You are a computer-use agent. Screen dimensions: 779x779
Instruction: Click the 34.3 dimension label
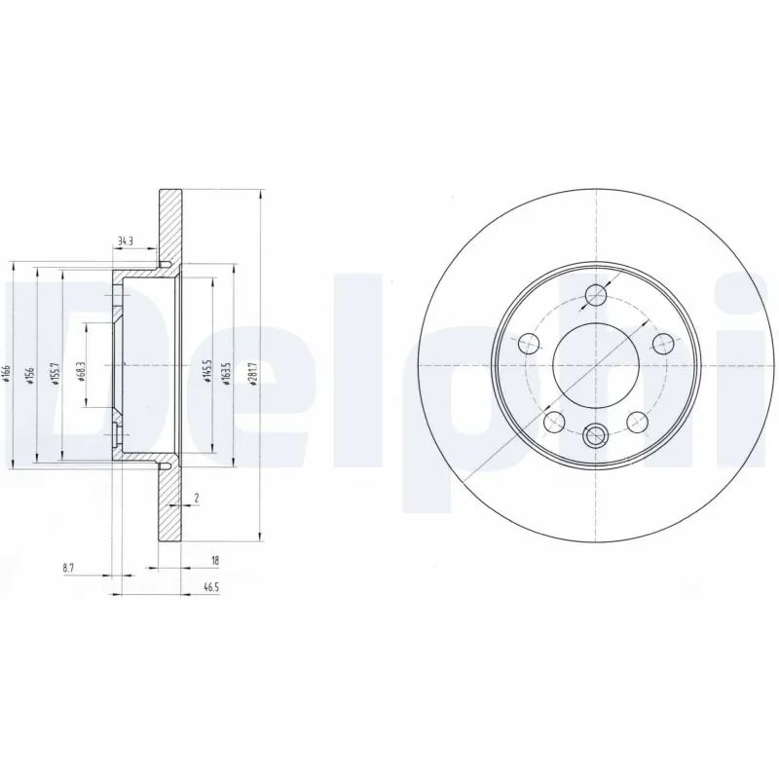[x=124, y=240]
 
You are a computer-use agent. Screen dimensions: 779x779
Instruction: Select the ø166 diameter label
[x=7, y=370]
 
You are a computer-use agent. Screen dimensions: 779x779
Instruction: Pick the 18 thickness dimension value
[x=214, y=561]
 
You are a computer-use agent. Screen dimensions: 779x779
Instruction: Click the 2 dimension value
[x=197, y=498]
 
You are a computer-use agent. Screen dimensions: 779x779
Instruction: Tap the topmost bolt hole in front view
[x=595, y=296]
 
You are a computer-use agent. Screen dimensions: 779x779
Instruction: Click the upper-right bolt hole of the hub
[x=662, y=343]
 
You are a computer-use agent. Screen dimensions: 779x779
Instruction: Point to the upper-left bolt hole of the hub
[x=527, y=343]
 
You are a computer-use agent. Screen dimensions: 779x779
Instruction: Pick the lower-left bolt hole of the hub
[x=553, y=421]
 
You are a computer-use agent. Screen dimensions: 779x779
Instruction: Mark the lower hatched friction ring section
[x=171, y=506]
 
